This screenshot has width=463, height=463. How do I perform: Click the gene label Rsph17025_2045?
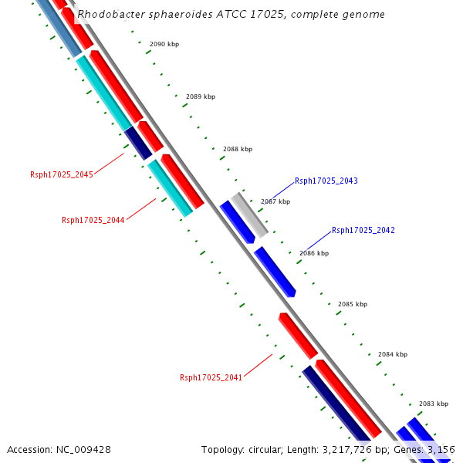tap(62, 174)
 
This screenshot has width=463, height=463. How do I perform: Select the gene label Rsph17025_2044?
tap(93, 220)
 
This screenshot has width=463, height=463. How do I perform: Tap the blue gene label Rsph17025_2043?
tap(326, 181)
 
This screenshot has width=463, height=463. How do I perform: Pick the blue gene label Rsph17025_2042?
tap(363, 230)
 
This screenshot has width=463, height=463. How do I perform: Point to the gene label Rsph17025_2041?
tap(211, 377)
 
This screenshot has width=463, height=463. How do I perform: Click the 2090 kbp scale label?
tap(164, 45)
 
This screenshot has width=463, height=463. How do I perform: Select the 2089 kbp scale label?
tap(201, 96)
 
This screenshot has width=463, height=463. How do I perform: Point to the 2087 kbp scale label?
tap(275, 201)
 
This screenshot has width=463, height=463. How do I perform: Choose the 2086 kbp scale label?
tap(314, 253)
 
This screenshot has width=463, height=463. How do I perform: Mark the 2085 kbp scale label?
tap(353, 304)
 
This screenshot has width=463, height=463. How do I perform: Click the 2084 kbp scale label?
tap(393, 354)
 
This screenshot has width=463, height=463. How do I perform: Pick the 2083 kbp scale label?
tap(434, 404)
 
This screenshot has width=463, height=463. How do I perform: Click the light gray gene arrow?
tap(250, 214)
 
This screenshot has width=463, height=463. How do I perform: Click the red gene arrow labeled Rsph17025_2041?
tap(298, 336)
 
